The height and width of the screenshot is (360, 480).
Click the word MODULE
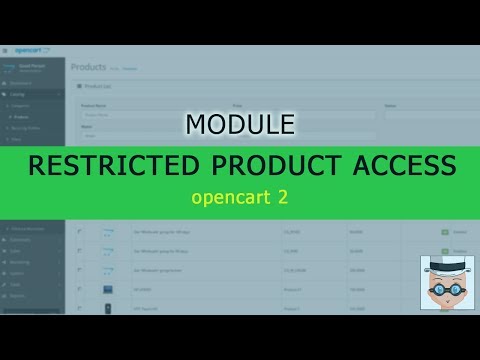(239, 124)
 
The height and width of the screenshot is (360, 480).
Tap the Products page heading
(88, 67)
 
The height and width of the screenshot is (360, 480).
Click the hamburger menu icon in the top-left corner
(5, 51)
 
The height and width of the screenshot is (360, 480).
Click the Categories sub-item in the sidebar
(24, 104)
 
